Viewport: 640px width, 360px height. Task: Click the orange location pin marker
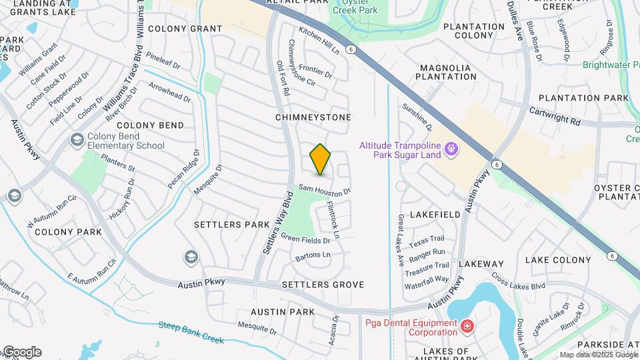[x=321, y=160]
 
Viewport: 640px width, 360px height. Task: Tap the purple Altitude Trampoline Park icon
[x=452, y=149]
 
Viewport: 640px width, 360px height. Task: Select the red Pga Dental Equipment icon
[x=467, y=326]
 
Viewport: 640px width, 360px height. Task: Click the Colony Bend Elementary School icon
[x=77, y=140]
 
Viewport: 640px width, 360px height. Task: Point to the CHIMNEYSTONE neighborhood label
[x=313, y=117]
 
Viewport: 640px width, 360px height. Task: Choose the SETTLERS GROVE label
[x=323, y=285]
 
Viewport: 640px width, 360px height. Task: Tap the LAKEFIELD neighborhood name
[x=435, y=215]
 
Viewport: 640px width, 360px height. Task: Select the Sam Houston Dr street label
[x=325, y=191]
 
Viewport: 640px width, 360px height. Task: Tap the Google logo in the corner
[x=21, y=352]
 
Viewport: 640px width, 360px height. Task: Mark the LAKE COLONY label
[x=558, y=260]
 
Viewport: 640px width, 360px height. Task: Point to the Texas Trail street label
[x=427, y=239]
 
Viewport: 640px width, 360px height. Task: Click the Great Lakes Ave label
[x=401, y=241]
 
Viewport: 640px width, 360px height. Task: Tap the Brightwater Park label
[x=610, y=65]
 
